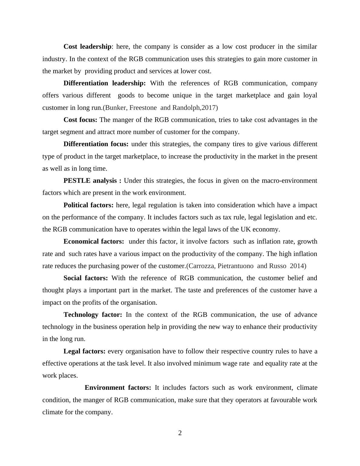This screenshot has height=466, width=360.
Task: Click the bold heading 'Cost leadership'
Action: pyautogui.click(x=87, y=47)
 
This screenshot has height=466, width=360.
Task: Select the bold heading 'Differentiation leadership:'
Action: pyautogui.click(x=105, y=83)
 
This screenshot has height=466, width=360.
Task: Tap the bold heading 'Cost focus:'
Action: pyautogui.click(x=80, y=120)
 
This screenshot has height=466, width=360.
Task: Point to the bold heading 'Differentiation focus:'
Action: pyautogui.click(x=96, y=144)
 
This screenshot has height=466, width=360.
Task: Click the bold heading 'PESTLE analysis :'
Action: pyautogui.click(x=93, y=181)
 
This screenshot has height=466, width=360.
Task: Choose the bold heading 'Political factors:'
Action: pyautogui.click(x=89, y=205)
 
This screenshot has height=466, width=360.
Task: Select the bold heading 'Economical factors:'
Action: pyautogui.click(x=94, y=241)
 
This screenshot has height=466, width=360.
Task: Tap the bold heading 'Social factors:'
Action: pyautogui.click(x=86, y=278)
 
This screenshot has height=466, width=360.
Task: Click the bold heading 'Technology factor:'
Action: pyautogui.click(x=93, y=315)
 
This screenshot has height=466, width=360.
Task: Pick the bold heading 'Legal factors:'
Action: pyautogui.click(x=84, y=351)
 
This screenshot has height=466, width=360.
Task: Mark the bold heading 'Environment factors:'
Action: pyautogui.click(x=118, y=388)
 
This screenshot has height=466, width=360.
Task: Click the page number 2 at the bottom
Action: pyautogui.click(x=180, y=433)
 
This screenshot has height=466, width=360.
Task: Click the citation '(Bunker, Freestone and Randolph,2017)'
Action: pyautogui.click(x=160, y=108)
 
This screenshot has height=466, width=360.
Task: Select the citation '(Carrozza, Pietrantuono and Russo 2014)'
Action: pyautogui.click(x=246, y=266)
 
